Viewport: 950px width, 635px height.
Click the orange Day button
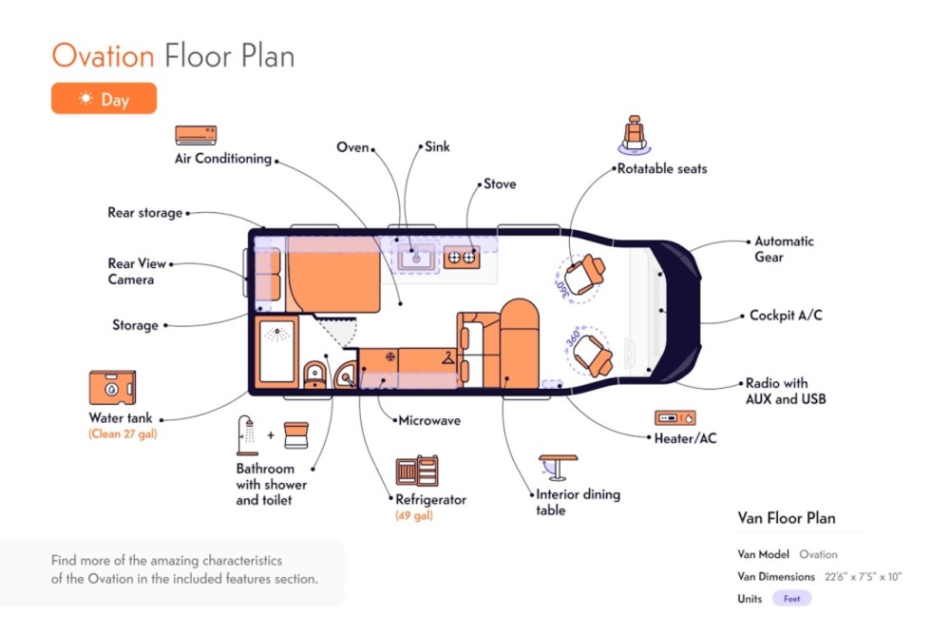pyautogui.click(x=104, y=98)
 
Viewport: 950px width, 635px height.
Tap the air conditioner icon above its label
pyautogui.click(x=196, y=135)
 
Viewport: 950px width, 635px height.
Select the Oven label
pyautogui.click(x=352, y=147)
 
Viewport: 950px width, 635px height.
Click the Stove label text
pyautogui.click(x=500, y=183)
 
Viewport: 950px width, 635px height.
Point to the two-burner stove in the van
pyautogui.click(x=462, y=258)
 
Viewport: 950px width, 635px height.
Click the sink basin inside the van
pyautogui.click(x=416, y=259)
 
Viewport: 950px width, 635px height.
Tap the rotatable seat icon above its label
pyautogui.click(x=635, y=135)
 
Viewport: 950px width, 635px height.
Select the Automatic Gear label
pyautogui.click(x=784, y=249)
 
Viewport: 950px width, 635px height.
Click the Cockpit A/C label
pyautogui.click(x=786, y=316)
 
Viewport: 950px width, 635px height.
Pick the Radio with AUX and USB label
pyautogui.click(x=786, y=392)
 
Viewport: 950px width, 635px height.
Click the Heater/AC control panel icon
pyautogui.click(x=674, y=418)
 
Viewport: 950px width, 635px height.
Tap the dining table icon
pyautogui.click(x=558, y=468)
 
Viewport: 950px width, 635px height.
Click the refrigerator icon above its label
pyautogui.click(x=417, y=471)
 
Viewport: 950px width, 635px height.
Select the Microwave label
pyautogui.click(x=429, y=420)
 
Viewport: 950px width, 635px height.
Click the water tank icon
pyautogui.click(x=112, y=388)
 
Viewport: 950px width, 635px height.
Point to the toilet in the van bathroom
pyautogui.click(x=314, y=375)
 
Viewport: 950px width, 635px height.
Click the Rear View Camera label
pyautogui.click(x=136, y=271)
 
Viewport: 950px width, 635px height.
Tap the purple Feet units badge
pyautogui.click(x=792, y=599)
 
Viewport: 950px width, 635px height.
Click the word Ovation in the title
pyautogui.click(x=103, y=56)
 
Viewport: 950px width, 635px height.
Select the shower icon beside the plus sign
pyautogui.click(x=247, y=435)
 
